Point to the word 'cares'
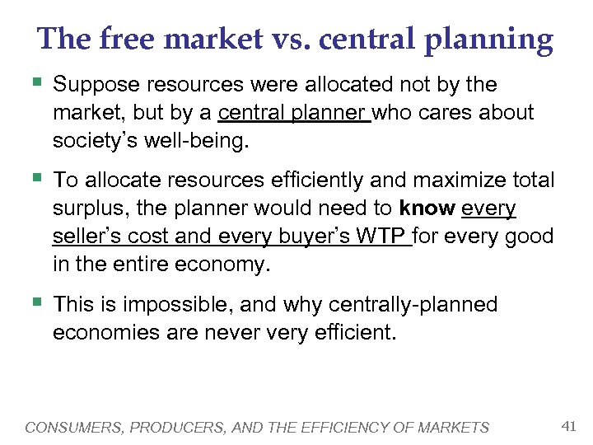tap(454, 112)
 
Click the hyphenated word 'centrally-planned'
tap(413, 305)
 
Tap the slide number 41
tap(567, 426)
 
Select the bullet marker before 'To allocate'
tap(35, 177)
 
